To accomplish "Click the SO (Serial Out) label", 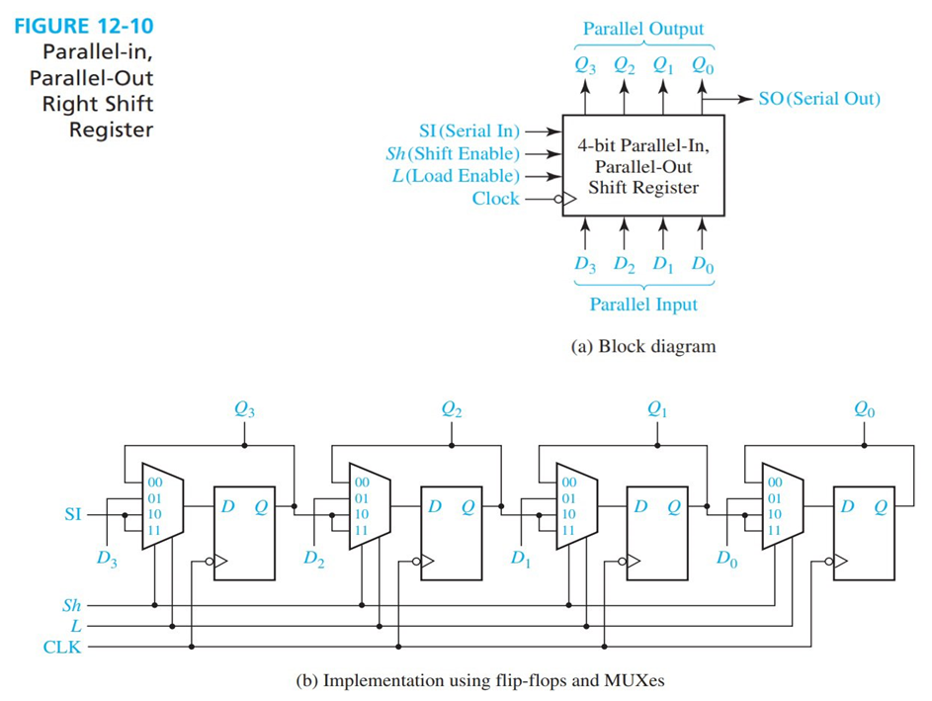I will click(818, 99).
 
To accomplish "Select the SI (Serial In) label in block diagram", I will click(469, 131).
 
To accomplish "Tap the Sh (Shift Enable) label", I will click(452, 153).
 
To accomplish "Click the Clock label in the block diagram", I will click(495, 199).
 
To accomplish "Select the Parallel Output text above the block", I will click(642, 29).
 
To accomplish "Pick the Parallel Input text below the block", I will click(642, 305).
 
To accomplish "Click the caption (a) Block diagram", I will click(642, 346).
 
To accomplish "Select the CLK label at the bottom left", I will click(62, 648).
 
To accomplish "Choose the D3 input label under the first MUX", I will click(106, 559).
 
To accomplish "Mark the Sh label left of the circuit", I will click(71, 604).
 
